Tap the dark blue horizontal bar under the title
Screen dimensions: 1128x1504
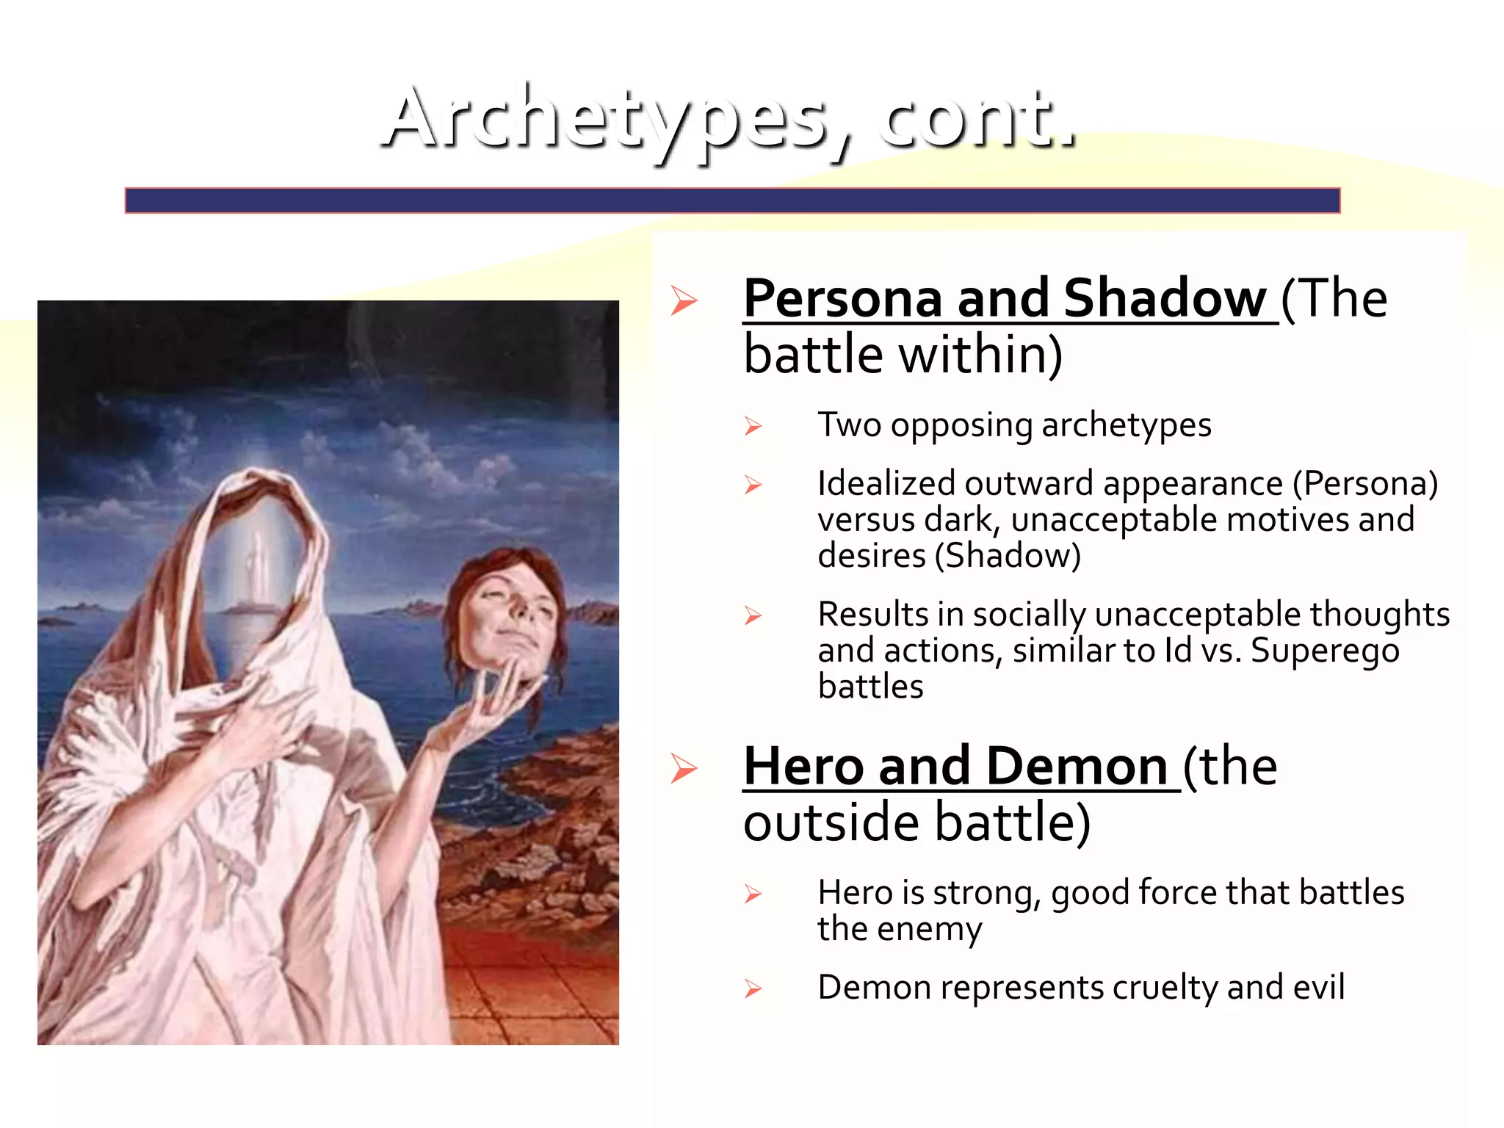point(732,200)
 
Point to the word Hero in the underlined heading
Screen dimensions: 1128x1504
point(803,767)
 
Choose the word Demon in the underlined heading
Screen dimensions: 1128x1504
point(1077,767)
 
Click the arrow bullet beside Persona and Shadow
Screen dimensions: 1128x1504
point(684,301)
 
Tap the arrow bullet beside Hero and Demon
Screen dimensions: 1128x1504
point(684,769)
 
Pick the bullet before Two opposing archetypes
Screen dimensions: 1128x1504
point(753,426)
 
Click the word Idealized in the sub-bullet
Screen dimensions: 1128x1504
point(885,484)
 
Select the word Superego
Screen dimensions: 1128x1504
point(1325,651)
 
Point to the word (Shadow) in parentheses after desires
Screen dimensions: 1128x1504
point(1008,556)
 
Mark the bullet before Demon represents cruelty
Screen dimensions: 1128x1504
point(753,988)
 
